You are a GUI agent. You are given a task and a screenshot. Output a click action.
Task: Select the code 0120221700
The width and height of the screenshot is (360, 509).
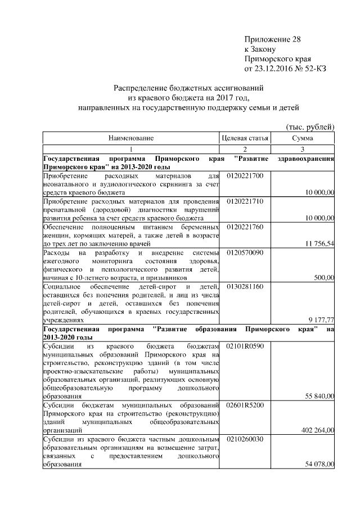coord(245,176)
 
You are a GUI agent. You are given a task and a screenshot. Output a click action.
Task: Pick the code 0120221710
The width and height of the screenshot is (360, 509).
coord(245,201)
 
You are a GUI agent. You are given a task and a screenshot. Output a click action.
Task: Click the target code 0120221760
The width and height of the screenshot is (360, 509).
coord(245,226)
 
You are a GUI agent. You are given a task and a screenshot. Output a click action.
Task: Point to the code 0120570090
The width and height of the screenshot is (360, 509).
coord(245,253)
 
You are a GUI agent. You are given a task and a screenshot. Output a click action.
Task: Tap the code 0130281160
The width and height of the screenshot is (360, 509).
coord(245,286)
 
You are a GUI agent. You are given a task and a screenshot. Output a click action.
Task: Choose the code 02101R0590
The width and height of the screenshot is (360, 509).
coord(245,346)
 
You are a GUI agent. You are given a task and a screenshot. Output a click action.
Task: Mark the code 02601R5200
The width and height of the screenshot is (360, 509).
coord(245,405)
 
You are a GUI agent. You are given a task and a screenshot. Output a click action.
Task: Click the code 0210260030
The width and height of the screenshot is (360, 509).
coord(245,439)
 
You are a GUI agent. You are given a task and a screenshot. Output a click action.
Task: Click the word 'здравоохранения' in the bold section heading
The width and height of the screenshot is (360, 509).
coord(307,159)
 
